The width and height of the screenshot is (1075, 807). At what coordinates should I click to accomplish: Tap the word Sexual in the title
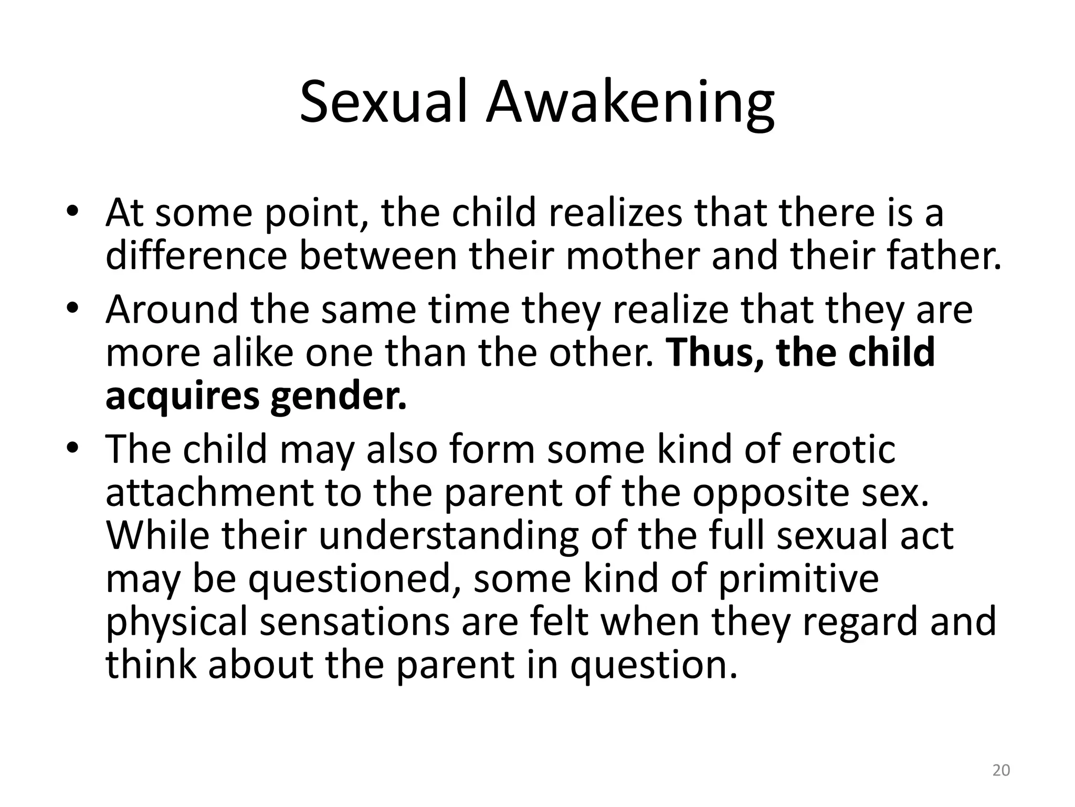[383, 103]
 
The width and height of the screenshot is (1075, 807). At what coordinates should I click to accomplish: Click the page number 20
[1001, 770]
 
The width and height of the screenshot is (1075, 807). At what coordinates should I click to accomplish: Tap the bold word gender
[339, 397]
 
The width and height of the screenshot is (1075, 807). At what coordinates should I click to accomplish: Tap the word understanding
[448, 536]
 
